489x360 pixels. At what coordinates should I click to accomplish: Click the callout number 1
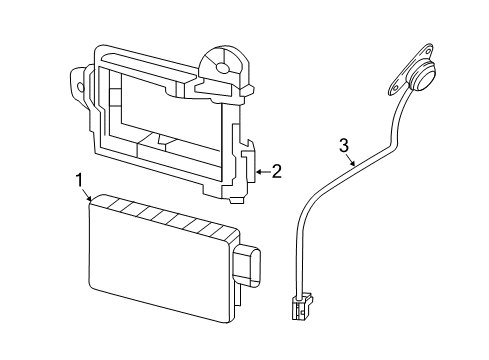coord(78,180)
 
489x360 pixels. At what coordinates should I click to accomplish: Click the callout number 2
coord(276,171)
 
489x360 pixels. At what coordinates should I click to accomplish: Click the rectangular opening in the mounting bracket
coord(165,120)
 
